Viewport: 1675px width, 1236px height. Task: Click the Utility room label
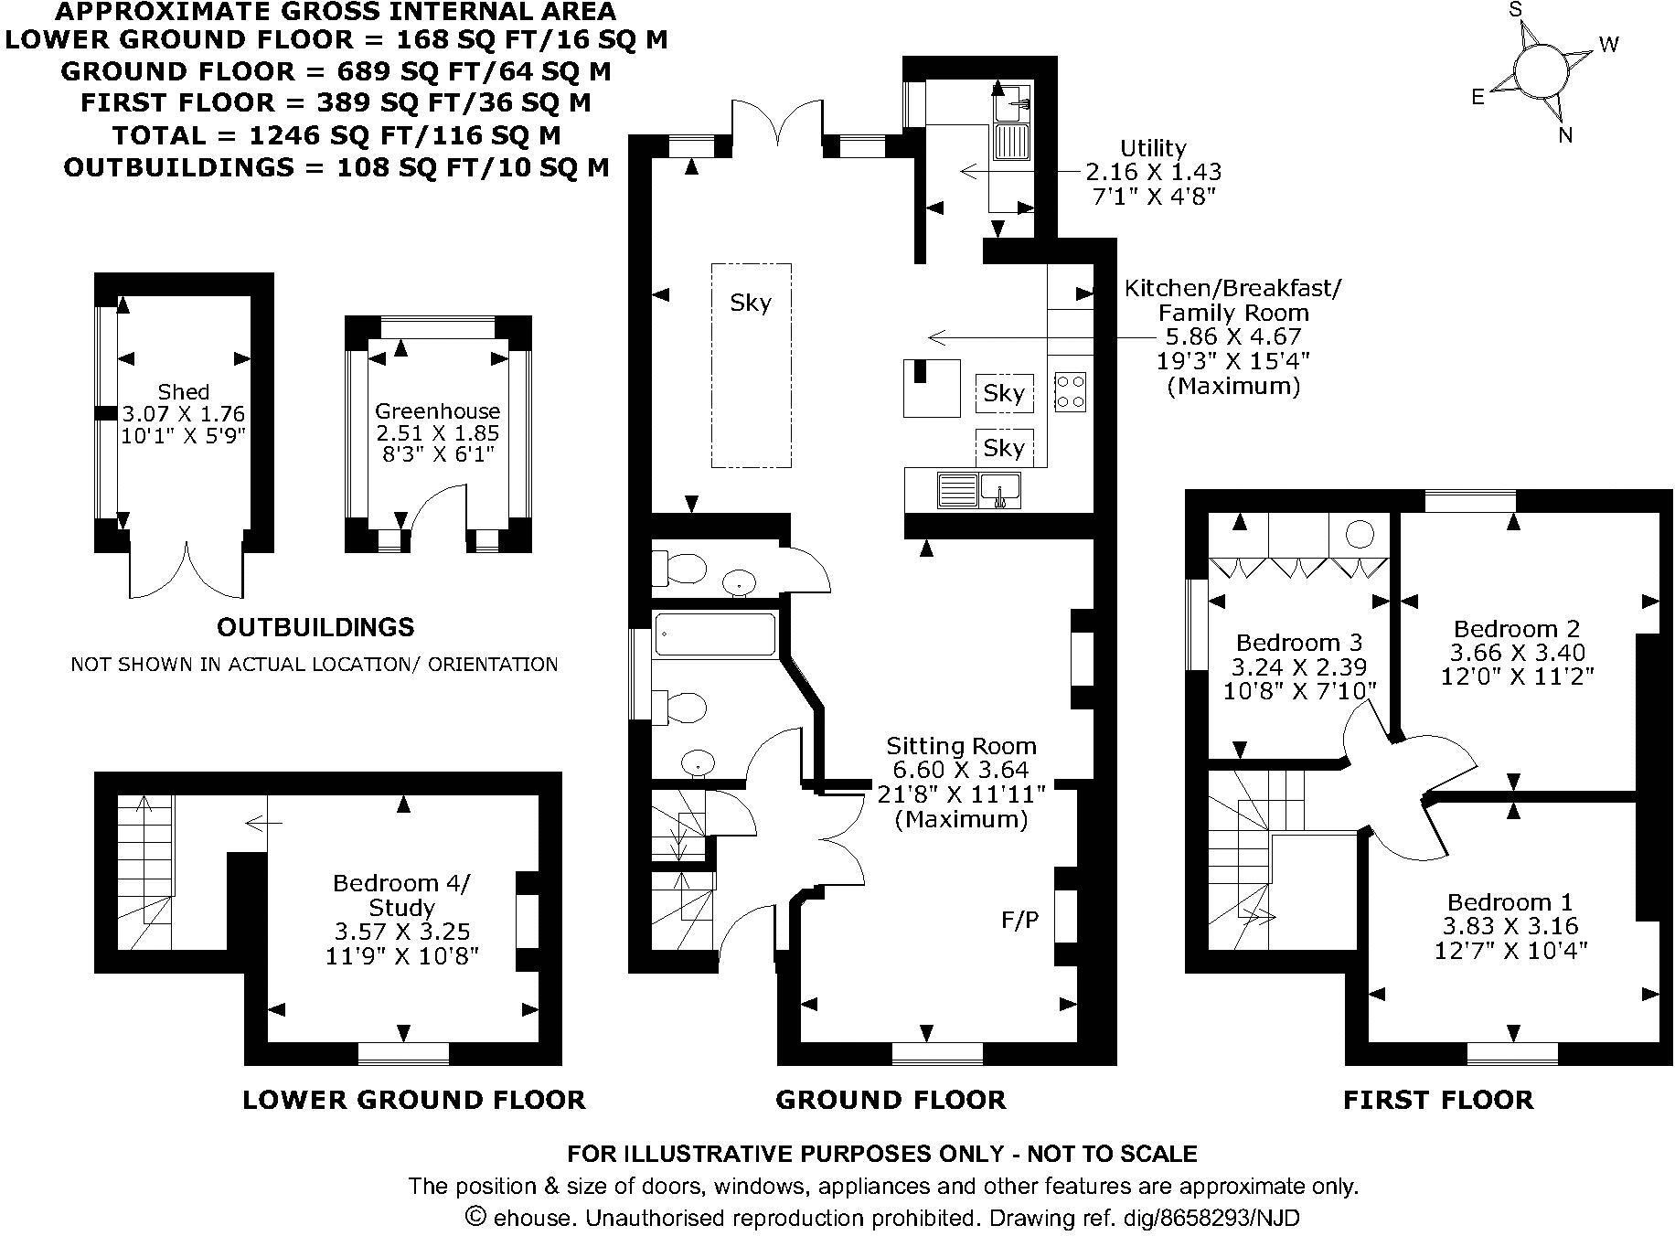[1153, 148]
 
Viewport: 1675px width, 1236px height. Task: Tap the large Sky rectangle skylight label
[751, 303]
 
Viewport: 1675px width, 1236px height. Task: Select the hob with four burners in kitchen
[1070, 390]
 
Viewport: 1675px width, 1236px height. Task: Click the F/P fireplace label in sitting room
[1019, 920]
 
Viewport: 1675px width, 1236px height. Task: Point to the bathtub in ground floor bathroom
[716, 634]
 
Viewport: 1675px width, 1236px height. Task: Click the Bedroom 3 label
[1299, 642]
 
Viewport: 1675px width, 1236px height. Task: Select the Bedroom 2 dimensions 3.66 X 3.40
[1517, 653]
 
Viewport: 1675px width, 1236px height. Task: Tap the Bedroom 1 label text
[1509, 901]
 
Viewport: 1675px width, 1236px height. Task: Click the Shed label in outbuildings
[184, 392]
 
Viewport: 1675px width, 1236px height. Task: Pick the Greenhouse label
[437, 411]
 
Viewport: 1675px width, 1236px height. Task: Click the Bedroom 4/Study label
[401, 895]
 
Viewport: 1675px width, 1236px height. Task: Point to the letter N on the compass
[1565, 135]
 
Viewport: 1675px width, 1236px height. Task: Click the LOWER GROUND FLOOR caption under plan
[413, 1100]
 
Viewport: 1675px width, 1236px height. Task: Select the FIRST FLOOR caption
[1438, 1100]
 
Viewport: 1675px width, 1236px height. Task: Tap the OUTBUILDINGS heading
[315, 627]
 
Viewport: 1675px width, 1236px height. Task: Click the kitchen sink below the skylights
[1000, 489]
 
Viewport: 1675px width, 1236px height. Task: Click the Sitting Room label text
[961, 746]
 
